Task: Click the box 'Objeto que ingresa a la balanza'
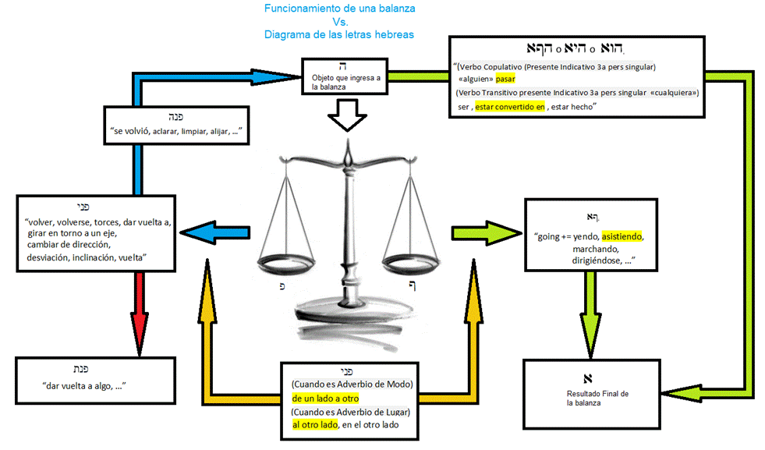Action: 345,77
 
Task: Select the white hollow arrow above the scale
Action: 345,119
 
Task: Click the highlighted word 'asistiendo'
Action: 622,236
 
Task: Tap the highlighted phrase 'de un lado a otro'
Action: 321,399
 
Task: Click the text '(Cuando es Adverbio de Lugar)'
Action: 350,412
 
